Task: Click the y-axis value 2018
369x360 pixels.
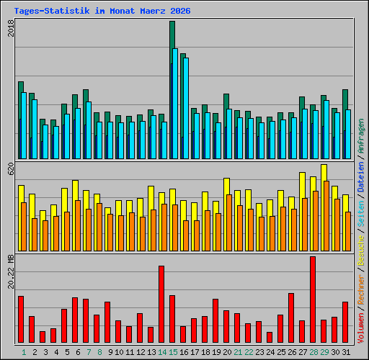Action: click(10, 30)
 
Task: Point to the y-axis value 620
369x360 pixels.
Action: click(10, 169)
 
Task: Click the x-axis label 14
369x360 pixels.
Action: click(162, 351)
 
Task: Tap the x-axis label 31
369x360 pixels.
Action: click(346, 351)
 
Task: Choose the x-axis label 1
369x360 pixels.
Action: click(24, 351)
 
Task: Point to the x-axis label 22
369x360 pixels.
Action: click(249, 351)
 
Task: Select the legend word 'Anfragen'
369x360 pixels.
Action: click(360, 138)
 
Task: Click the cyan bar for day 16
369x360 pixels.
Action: click(186, 108)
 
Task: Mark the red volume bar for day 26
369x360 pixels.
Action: click(291, 318)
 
